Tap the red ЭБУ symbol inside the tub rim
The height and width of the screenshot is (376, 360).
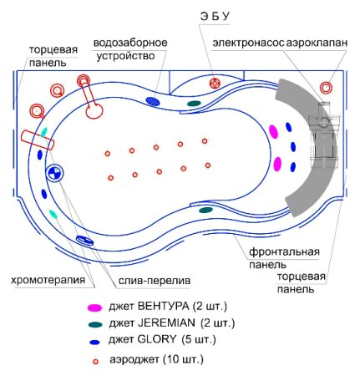215,84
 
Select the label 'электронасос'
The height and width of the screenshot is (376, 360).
248,42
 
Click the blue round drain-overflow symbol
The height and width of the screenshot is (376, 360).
53,175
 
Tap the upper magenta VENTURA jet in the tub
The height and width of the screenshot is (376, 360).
273,132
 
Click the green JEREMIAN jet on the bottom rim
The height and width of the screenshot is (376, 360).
205,210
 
